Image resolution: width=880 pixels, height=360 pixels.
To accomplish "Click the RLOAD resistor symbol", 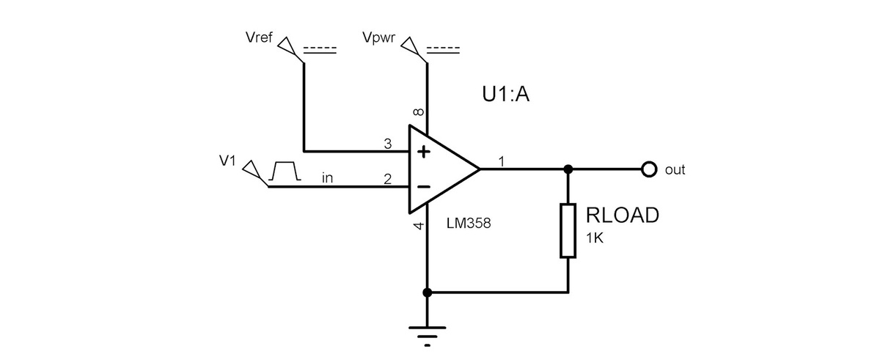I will (x=568, y=231).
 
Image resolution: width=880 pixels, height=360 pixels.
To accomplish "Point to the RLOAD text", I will (x=623, y=216).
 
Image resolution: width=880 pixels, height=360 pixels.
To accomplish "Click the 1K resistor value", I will (x=595, y=238).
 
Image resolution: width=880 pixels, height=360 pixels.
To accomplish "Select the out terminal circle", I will (x=648, y=169).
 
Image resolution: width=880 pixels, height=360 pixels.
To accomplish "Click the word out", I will (x=675, y=170).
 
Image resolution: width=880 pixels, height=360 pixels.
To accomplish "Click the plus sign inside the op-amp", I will (x=424, y=153).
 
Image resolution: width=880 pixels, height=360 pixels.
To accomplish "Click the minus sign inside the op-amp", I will (x=424, y=187).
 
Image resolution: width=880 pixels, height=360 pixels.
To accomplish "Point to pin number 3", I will (x=388, y=144).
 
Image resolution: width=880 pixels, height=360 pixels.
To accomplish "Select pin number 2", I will (x=388, y=178).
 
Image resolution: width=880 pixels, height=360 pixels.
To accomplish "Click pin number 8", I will (x=418, y=112).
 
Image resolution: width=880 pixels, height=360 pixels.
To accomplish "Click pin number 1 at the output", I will (x=502, y=161).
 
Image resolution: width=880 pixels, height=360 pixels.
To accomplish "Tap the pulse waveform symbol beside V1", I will (x=285, y=172).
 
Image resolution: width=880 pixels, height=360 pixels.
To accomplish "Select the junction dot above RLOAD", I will (x=568, y=169).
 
